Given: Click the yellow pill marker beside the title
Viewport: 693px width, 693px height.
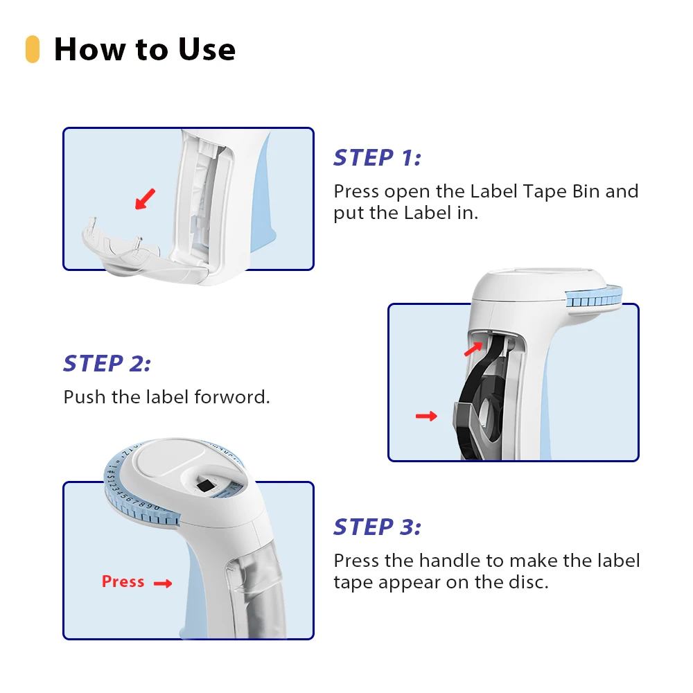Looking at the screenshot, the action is pyautogui.click(x=33, y=49).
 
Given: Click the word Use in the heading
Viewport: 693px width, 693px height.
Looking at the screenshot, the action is pyautogui.click(x=207, y=49).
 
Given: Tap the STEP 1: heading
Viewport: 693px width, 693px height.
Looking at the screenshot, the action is pyautogui.click(x=378, y=158).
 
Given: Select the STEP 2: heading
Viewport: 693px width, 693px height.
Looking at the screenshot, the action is pyautogui.click(x=107, y=364).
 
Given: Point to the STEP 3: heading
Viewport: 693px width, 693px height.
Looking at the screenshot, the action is pyautogui.click(x=378, y=527).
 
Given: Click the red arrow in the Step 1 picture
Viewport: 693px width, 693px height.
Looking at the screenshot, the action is pyautogui.click(x=146, y=199).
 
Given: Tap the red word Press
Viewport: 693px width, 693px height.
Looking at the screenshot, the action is pyautogui.click(x=123, y=581).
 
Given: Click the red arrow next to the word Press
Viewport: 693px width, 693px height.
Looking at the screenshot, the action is pyautogui.click(x=163, y=584).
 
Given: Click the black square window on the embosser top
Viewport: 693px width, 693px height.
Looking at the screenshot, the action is pyautogui.click(x=205, y=485).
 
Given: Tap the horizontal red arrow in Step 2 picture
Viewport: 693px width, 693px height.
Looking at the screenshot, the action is pyautogui.click(x=426, y=416).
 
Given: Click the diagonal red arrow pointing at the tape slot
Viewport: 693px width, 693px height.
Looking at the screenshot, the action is pyautogui.click(x=473, y=349).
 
